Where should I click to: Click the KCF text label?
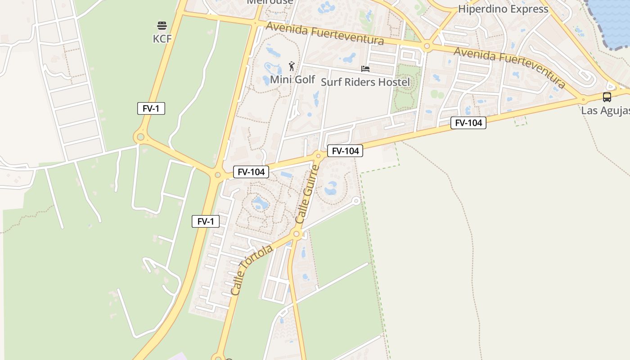(x=162, y=39)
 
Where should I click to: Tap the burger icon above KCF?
(x=162, y=26)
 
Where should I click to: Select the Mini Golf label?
(x=292, y=80)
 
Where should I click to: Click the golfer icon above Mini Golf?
(x=292, y=67)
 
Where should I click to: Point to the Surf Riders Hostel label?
(x=365, y=82)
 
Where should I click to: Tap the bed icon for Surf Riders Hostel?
(x=365, y=69)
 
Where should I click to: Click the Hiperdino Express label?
(x=503, y=9)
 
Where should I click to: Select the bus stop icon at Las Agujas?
(x=607, y=97)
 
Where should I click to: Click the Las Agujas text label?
(x=605, y=110)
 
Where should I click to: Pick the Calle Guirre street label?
(x=307, y=194)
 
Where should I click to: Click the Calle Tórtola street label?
(x=252, y=270)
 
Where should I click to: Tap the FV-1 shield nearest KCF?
(x=151, y=108)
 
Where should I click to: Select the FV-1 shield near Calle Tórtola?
(x=206, y=221)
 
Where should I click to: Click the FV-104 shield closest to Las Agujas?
(x=468, y=123)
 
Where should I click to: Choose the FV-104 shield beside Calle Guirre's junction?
(x=345, y=151)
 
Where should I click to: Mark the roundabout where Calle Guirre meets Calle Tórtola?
(x=296, y=234)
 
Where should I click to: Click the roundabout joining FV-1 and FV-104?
(x=218, y=175)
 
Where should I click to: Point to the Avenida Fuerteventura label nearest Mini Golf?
(x=324, y=34)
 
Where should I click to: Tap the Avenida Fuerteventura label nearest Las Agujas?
(x=509, y=67)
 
